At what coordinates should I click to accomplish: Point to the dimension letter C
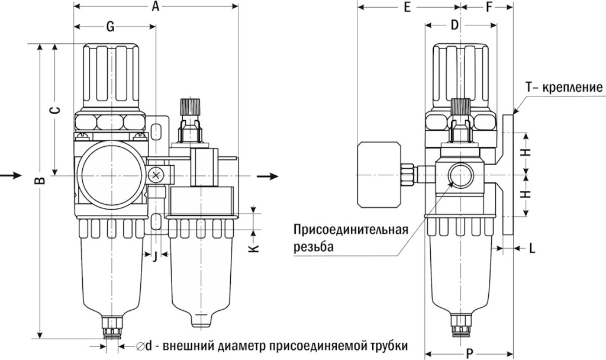[54, 111]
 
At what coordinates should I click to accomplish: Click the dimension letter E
[407, 8]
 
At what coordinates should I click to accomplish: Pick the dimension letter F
[489, 8]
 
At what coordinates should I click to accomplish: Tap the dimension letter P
[469, 354]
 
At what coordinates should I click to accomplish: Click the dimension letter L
[532, 249]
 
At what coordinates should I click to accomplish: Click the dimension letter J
[154, 256]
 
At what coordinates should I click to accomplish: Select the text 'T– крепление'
[564, 88]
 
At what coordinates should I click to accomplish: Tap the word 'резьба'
[313, 246]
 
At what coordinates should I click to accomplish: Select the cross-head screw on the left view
[157, 175]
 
